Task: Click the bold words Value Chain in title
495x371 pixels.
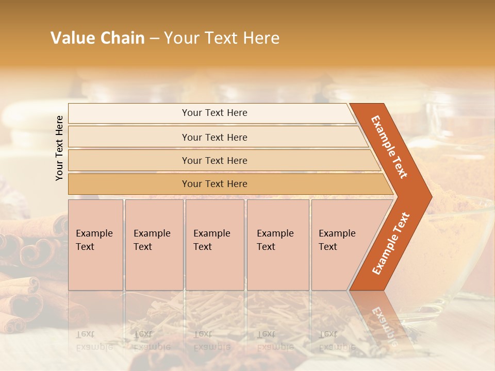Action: click(97, 38)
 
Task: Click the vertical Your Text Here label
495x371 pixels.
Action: click(59, 148)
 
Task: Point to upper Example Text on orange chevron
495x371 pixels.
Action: click(389, 147)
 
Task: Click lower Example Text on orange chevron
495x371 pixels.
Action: click(391, 244)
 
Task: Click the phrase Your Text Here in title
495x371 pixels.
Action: click(222, 38)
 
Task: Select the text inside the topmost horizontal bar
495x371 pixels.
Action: click(214, 113)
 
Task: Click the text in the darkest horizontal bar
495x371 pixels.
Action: click(214, 184)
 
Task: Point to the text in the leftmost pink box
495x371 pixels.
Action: click(94, 240)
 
